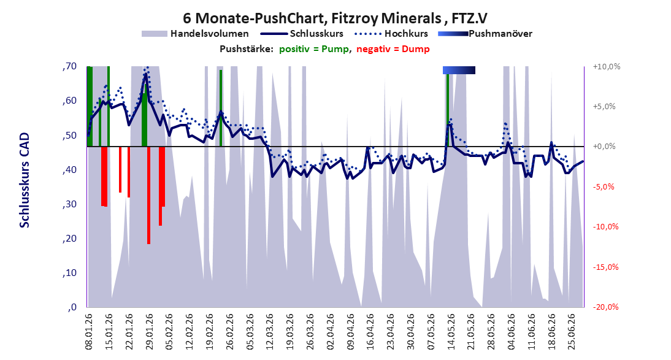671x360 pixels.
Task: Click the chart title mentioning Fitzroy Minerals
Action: (335, 18)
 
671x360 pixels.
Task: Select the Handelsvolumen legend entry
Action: (195, 34)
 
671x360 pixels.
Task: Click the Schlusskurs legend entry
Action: (302, 34)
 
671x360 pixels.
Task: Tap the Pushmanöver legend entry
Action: (485, 34)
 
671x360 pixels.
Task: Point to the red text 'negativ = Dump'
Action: (393, 49)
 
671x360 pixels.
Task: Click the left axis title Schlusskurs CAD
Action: (25, 180)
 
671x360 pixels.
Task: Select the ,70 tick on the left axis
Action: (69, 66)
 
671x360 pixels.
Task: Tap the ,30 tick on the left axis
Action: (69, 204)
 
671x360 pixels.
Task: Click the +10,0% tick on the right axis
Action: (607, 67)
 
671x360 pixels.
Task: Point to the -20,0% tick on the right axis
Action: (606, 307)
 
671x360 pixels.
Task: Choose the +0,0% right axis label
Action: (604, 147)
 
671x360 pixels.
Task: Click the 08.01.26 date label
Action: (90, 332)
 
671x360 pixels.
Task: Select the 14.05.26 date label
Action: (451, 332)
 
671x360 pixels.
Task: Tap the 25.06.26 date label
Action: (571, 332)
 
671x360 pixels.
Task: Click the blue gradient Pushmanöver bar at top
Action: (459, 70)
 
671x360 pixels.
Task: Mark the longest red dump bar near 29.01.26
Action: (148, 195)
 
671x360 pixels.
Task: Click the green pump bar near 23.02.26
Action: (221, 109)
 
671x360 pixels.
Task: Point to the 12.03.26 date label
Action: (270, 332)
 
